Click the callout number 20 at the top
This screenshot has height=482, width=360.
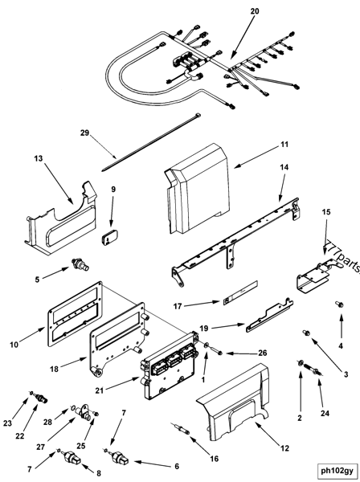coord(255,11)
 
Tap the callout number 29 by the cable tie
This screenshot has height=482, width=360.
coord(84,133)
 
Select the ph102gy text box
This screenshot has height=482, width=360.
coord(337,470)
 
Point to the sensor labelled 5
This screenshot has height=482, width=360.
coord(80,264)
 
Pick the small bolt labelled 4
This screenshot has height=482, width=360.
coord(339,304)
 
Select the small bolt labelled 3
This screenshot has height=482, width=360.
coord(307,333)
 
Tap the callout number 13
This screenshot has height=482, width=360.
coord(39,158)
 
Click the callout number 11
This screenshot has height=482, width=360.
coord(284,144)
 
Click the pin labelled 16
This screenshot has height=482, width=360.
coord(180,428)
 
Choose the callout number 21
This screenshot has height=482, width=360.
coord(100,390)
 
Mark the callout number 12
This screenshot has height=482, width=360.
coord(284,448)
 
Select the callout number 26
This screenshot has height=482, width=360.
coord(263,353)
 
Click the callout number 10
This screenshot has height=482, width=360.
coord(14,345)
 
